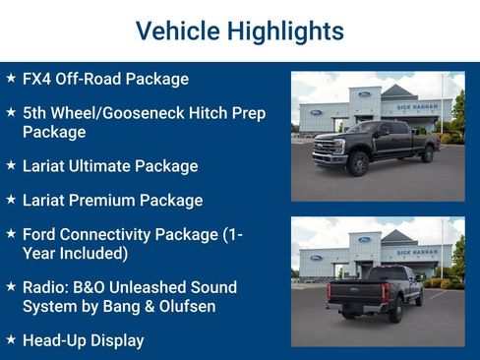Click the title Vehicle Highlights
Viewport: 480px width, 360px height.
tap(239, 30)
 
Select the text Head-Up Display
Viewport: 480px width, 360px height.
tap(83, 341)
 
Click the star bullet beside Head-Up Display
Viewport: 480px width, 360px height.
tap(10, 340)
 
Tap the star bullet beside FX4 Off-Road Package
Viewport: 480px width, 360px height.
tap(10, 78)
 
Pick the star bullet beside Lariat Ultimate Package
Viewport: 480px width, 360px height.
tap(10, 165)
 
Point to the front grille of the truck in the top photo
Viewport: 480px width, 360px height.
tap(324, 149)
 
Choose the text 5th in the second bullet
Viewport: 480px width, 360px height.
tap(36, 113)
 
